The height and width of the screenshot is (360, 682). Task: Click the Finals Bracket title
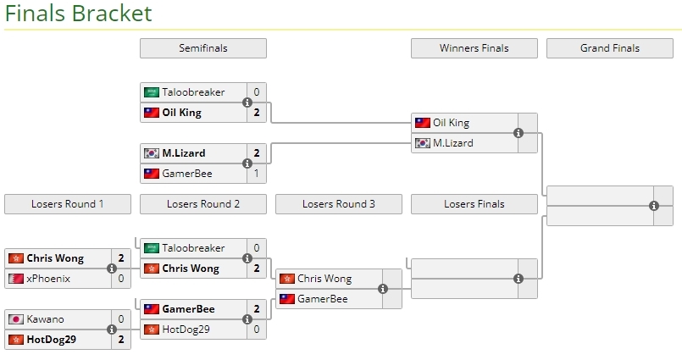point(78,14)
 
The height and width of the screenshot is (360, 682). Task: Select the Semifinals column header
point(202,48)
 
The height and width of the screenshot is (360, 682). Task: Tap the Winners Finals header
point(474,48)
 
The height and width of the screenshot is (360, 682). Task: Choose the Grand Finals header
point(609,48)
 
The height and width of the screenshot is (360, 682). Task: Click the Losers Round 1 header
point(67,204)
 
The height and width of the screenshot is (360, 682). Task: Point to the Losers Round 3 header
point(338,204)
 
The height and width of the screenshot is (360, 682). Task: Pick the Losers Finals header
point(474,204)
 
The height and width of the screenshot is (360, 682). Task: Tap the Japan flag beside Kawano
point(15,319)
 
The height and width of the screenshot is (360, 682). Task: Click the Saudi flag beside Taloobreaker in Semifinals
point(151,92)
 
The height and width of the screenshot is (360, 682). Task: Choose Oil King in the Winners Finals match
point(451,123)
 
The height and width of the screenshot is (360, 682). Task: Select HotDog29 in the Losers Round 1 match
point(52,340)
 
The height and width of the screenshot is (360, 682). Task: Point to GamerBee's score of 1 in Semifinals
point(256,174)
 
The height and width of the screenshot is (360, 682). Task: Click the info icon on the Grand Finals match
point(654,206)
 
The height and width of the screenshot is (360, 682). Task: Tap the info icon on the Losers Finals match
point(518,279)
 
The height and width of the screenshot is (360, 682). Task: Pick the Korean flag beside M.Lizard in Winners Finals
point(422,143)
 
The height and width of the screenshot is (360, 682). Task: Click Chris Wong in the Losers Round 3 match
point(324,279)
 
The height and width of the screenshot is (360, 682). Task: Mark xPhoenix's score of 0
point(120,279)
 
